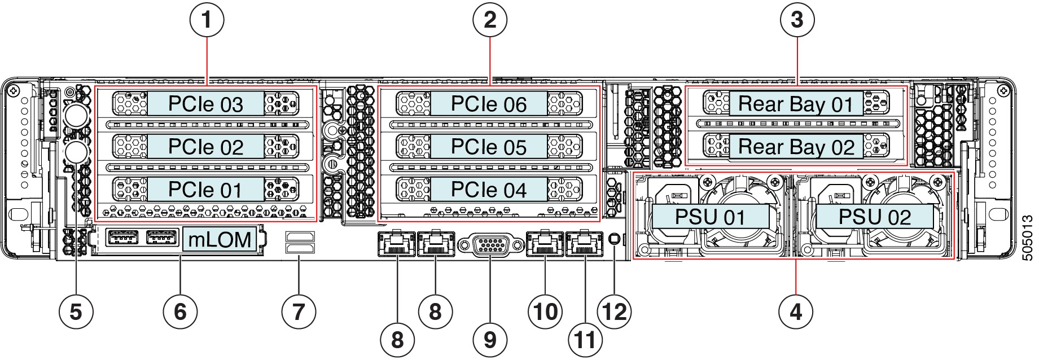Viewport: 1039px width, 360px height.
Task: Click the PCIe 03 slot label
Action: (205, 104)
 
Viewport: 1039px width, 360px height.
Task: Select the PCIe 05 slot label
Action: (489, 147)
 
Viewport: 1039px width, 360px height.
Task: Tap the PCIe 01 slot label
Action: (205, 190)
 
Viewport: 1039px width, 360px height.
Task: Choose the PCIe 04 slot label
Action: (489, 190)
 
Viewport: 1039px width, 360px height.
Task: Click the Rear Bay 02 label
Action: (796, 147)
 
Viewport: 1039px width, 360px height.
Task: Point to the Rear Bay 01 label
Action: (796, 104)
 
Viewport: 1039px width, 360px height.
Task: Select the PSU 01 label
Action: (710, 217)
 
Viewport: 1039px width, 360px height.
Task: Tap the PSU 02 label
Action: (875, 217)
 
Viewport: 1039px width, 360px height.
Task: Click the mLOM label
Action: (220, 240)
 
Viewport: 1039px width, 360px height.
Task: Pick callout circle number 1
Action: (207, 20)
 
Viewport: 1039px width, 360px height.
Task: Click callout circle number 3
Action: (797, 20)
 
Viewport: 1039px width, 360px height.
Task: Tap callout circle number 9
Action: (490, 340)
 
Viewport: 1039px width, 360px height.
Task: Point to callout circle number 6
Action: (180, 311)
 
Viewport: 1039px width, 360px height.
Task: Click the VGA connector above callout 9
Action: (490, 245)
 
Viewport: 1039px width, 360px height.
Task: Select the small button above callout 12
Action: (615, 240)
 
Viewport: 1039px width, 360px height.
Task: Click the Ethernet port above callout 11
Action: (585, 244)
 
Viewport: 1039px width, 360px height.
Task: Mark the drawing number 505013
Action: (1028, 237)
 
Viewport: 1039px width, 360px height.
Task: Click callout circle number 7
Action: (299, 311)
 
